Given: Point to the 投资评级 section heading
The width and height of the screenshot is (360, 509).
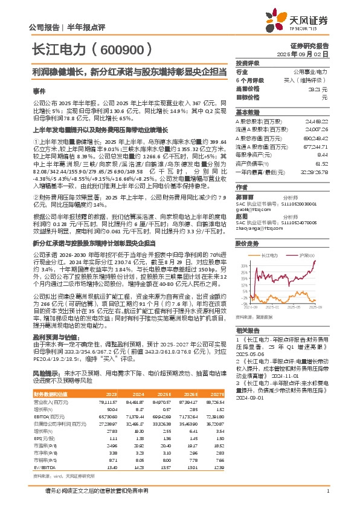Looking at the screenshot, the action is point(248,63).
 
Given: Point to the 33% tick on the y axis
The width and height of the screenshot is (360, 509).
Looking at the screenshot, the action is point(242,247).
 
